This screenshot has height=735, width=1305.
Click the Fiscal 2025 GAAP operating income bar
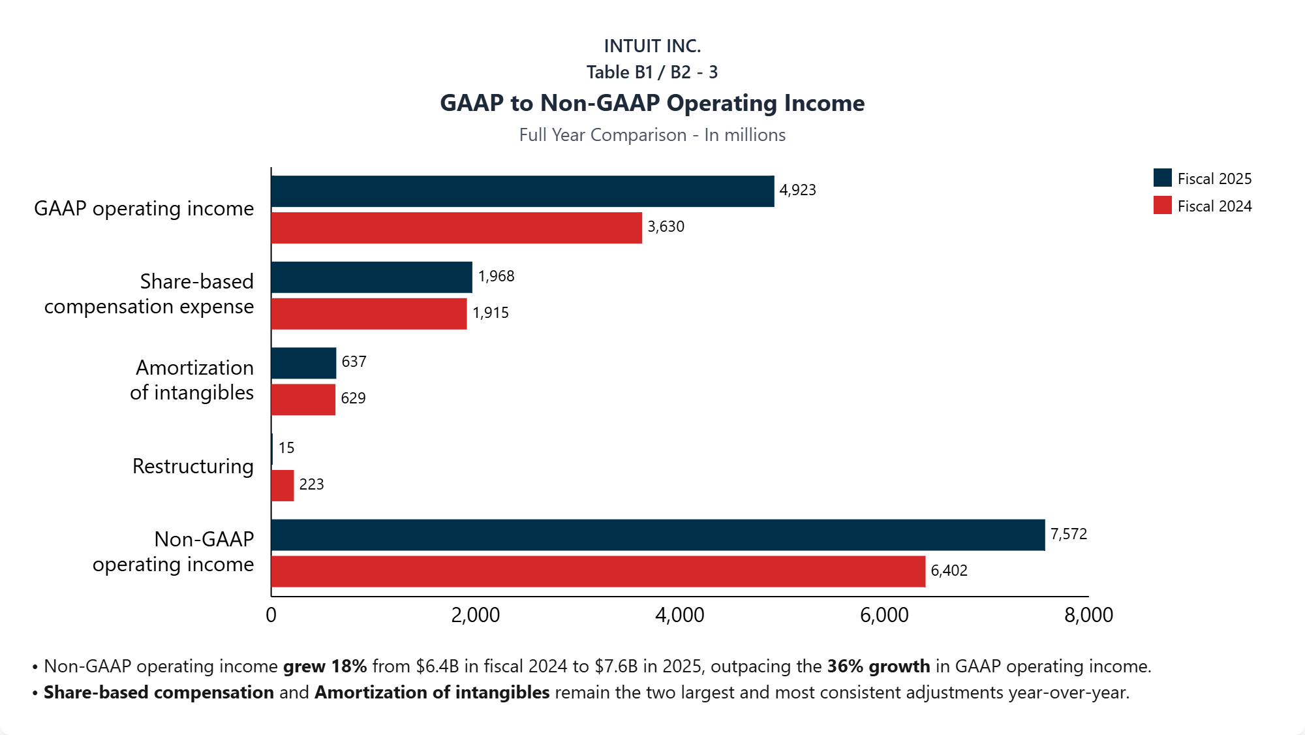[x=522, y=191]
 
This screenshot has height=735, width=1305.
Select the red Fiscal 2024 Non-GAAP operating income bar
[x=598, y=572]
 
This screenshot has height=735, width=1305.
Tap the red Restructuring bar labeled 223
[x=283, y=486]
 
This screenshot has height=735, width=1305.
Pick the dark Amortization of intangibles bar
[x=303, y=363]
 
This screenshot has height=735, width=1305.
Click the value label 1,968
[x=496, y=276]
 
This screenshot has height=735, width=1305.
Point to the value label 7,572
[x=1068, y=534]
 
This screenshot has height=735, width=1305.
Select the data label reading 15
[x=286, y=448]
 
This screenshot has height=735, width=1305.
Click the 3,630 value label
[x=666, y=227]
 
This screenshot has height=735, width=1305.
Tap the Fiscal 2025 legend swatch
[x=1162, y=178]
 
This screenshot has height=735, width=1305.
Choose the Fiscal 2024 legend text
[x=1214, y=206]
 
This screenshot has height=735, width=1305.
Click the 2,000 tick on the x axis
[x=475, y=615]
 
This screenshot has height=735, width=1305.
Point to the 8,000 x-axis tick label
[x=1088, y=615]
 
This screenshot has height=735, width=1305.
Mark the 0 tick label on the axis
[x=271, y=615]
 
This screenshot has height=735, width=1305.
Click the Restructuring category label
[x=192, y=466]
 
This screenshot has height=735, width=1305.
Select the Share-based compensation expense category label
[x=149, y=294]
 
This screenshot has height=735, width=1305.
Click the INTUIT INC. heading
[x=652, y=46]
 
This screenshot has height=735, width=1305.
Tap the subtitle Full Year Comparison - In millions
[x=652, y=134]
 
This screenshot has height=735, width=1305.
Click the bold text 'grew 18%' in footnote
[x=324, y=666]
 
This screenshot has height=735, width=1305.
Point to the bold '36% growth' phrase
[x=878, y=666]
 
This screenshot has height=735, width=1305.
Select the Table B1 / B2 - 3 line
[x=652, y=72]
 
